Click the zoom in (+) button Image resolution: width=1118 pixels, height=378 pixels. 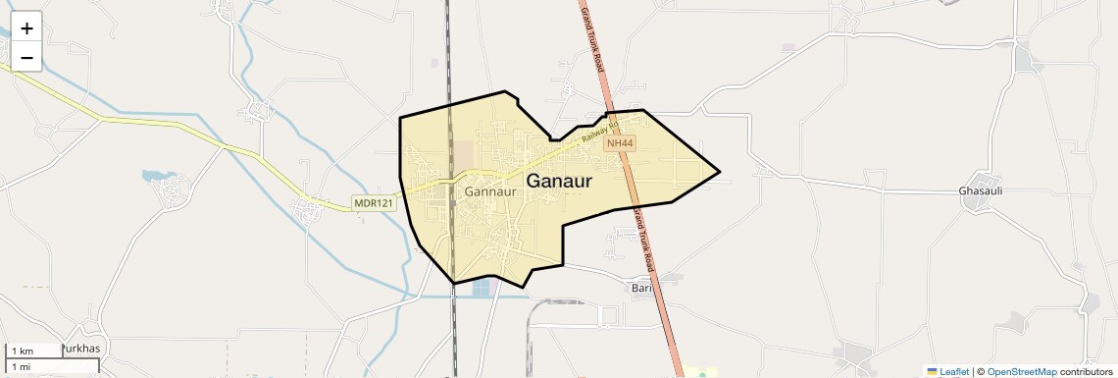coord(26,27)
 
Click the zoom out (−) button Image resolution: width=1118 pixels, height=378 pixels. coord(26,57)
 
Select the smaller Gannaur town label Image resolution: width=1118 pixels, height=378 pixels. coord(490,191)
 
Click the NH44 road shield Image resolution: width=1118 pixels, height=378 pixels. coord(618,143)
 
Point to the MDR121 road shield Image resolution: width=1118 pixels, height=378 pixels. coord(374,203)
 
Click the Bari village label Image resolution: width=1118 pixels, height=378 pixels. coord(641,289)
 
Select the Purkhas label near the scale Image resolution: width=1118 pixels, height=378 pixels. coord(81,349)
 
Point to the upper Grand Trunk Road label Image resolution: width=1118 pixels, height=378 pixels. coord(590,38)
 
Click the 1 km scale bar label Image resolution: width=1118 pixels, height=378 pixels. coord(24,351)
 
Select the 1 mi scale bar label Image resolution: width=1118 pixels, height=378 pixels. coord(22,366)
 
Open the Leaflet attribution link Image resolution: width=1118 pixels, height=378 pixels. coord(953,371)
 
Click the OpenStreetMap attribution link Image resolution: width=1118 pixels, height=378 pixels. coord(1021,371)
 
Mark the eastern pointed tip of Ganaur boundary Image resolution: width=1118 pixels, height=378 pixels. coord(720,172)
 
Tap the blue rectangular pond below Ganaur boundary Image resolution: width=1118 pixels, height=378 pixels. coord(481,288)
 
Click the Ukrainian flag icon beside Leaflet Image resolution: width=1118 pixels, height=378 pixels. coord(932,371)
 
